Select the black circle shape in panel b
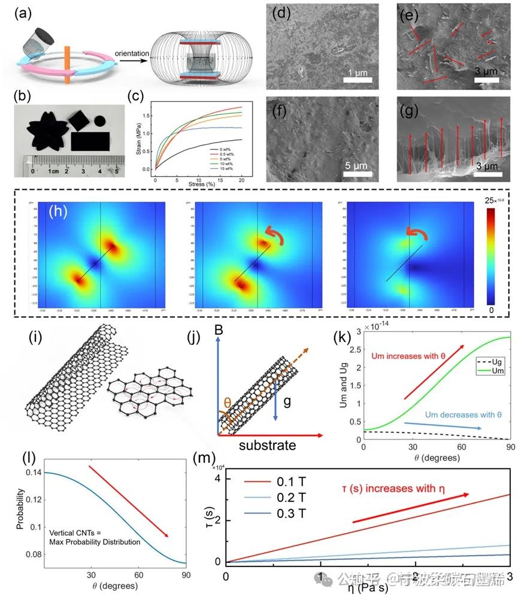pyautogui.click(x=99, y=122)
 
